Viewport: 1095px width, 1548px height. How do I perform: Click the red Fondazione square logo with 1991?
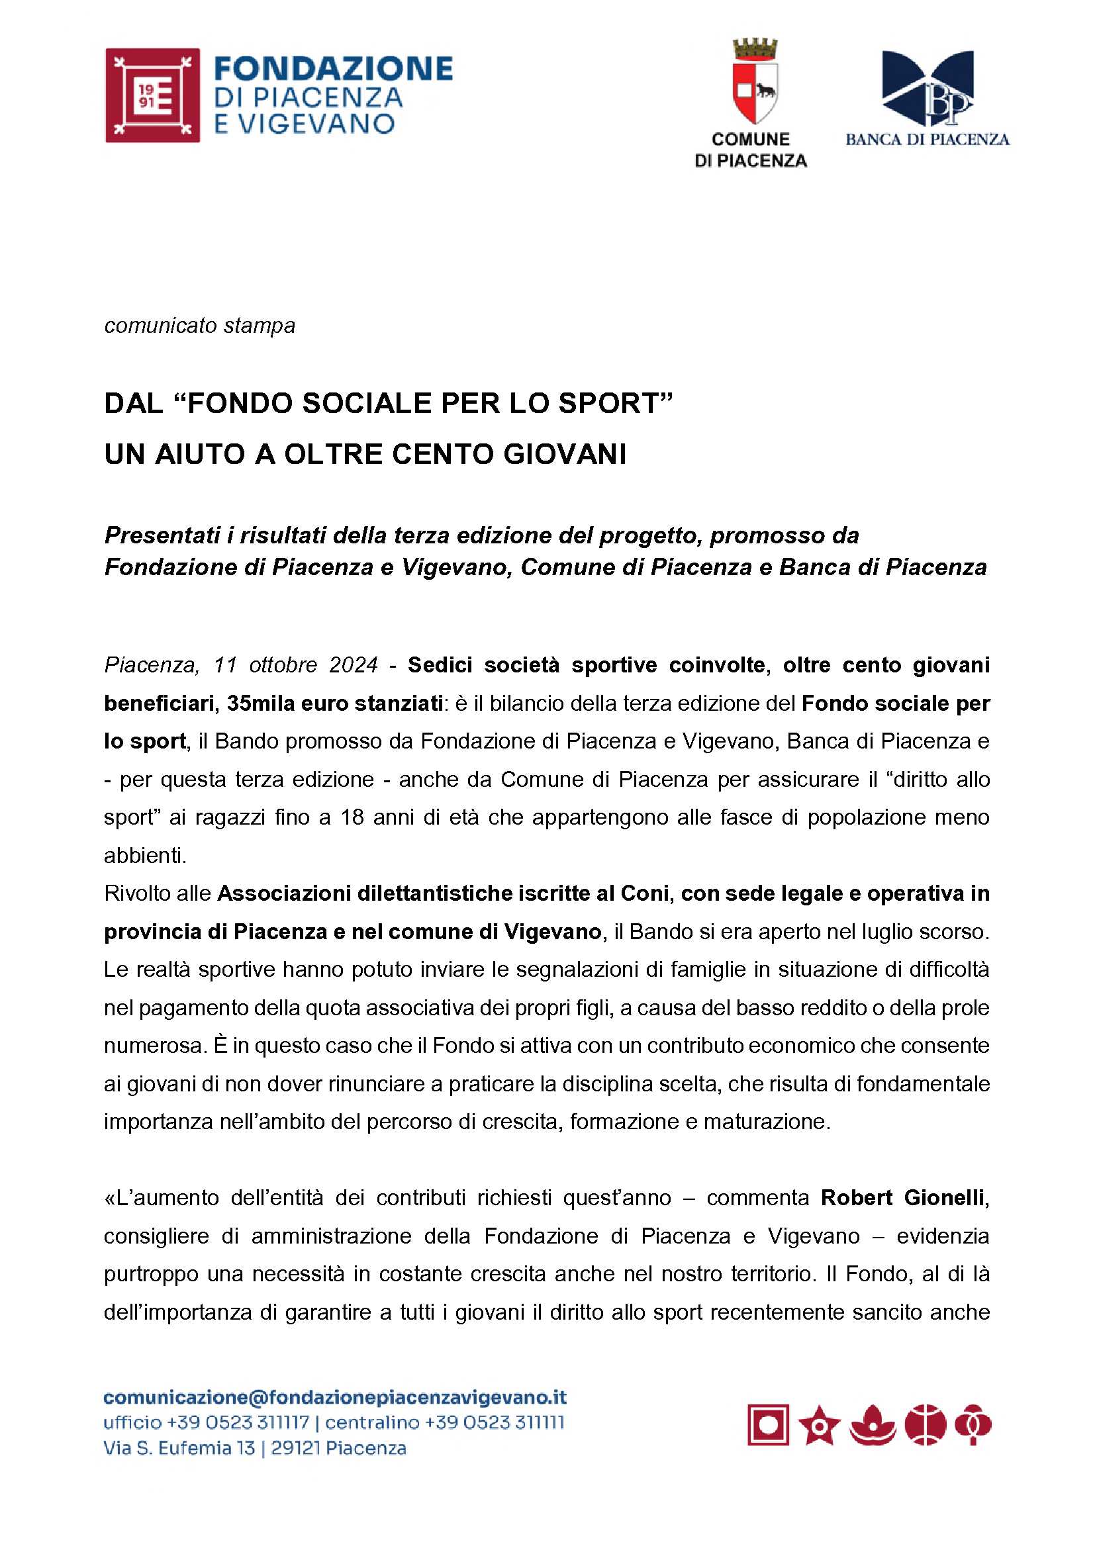pos(152,95)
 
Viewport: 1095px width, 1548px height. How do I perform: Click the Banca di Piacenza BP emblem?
pos(928,88)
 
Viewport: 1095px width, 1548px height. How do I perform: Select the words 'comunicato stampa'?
pos(199,326)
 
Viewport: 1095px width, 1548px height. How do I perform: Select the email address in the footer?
pos(335,1398)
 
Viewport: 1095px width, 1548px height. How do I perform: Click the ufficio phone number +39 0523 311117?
pos(238,1423)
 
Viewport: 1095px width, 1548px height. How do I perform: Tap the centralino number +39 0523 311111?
pos(495,1423)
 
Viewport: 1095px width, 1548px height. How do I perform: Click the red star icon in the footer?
pos(819,1426)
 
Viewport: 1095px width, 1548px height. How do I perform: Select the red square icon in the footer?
pos(768,1426)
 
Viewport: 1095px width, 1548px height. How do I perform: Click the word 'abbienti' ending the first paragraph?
pos(144,855)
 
